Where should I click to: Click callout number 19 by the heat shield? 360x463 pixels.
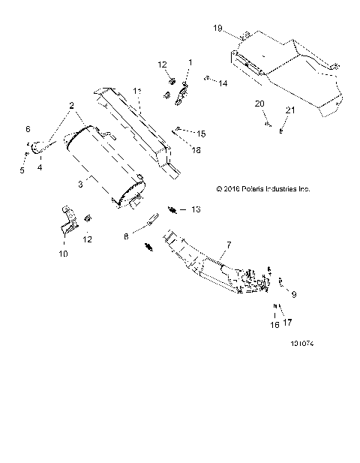pyautogui.click(x=217, y=28)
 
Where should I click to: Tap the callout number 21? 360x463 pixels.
pyautogui.click(x=290, y=110)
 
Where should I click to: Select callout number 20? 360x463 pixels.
pyautogui.click(x=259, y=103)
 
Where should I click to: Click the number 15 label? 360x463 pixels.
pyautogui.click(x=201, y=133)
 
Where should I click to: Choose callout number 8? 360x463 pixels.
pyautogui.click(x=127, y=237)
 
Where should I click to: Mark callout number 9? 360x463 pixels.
pyautogui.click(x=293, y=295)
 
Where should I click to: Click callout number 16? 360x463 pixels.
pyautogui.click(x=274, y=325)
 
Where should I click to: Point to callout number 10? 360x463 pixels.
pyautogui.click(x=63, y=254)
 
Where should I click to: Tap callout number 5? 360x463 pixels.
pyautogui.click(x=22, y=170)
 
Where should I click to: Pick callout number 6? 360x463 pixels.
pyautogui.click(x=28, y=130)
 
